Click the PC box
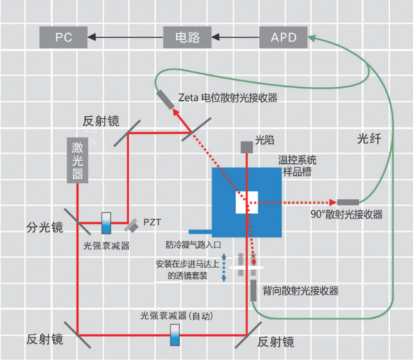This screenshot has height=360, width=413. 64,37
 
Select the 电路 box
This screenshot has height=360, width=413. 187,37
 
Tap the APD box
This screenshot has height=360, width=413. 283,37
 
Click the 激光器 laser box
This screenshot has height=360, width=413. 78,160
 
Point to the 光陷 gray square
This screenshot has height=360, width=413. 247,147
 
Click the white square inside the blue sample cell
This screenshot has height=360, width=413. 247,202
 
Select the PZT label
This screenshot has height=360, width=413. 152,223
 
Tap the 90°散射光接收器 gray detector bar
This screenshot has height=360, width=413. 348,202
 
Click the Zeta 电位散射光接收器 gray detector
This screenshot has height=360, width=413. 165,100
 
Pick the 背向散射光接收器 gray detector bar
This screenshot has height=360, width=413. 253,290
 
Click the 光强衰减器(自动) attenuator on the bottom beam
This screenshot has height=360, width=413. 175,335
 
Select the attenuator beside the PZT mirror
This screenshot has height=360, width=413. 106,223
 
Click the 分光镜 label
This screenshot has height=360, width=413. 44,227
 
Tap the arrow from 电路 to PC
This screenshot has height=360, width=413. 126,37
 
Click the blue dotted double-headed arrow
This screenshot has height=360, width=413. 224,268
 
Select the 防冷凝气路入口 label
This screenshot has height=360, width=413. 193,245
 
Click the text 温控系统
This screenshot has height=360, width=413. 297,160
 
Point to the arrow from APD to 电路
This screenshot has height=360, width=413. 235,37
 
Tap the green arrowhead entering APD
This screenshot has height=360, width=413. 312,38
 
